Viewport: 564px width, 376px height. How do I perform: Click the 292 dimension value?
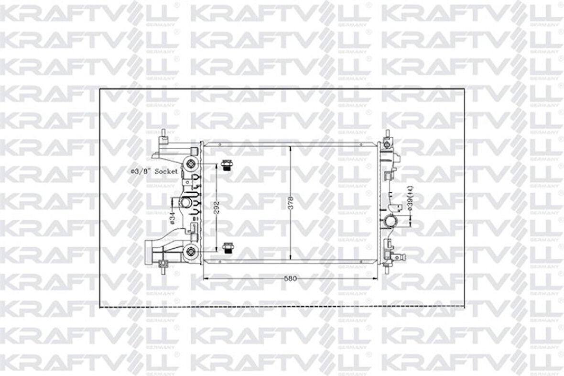(x=217, y=207)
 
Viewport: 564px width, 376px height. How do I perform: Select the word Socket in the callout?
(x=166, y=171)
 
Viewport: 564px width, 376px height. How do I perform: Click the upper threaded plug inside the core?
(x=227, y=165)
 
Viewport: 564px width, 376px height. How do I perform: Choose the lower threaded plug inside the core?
(x=228, y=247)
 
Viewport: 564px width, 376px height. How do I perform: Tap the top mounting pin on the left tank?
(x=164, y=135)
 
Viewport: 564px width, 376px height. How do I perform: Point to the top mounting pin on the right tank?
(x=386, y=135)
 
